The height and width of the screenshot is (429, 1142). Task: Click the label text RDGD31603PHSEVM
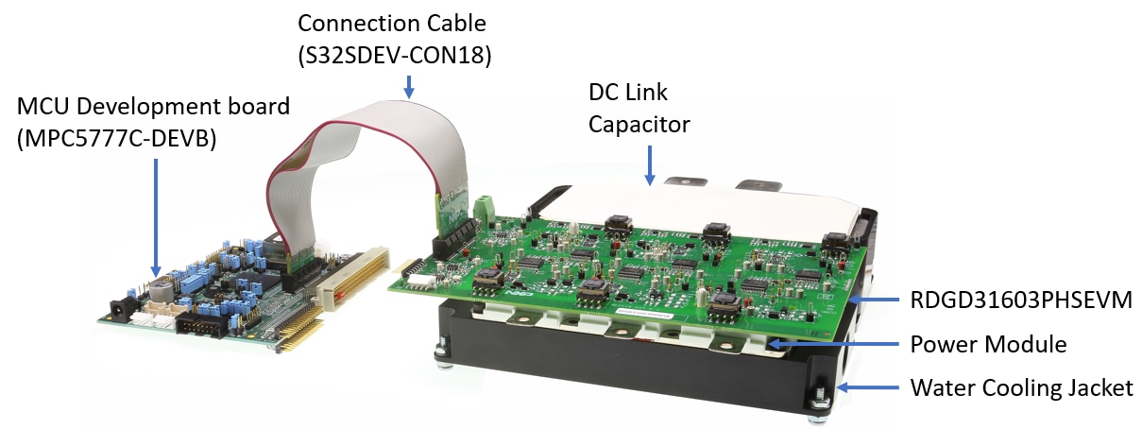click(x=1021, y=300)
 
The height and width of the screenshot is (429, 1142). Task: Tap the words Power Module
click(x=988, y=344)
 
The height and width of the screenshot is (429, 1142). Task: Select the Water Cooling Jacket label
click(x=1021, y=387)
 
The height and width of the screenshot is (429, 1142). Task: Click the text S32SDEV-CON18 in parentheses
click(x=395, y=55)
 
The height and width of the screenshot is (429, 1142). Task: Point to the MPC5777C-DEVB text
click(x=117, y=138)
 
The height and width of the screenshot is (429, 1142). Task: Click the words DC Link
click(x=627, y=93)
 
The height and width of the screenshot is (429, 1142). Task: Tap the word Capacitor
click(x=639, y=125)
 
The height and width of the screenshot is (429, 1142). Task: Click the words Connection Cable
click(x=392, y=24)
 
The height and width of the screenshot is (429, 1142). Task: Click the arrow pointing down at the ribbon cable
click(x=408, y=87)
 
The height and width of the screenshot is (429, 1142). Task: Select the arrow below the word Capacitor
click(x=650, y=165)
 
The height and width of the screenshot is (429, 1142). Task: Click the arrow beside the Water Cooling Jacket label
click(x=868, y=387)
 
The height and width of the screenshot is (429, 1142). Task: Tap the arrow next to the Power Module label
click(x=833, y=344)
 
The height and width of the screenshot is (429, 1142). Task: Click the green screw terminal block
click(x=483, y=209)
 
